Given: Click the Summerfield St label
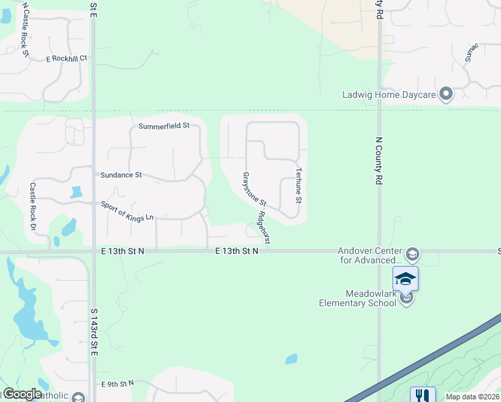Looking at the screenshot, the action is click(164, 125).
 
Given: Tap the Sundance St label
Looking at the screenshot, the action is click(121, 175).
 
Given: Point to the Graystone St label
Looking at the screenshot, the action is click(255, 189).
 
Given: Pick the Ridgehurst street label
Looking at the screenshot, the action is click(263, 228).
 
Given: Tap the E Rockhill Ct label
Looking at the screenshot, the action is click(66, 58).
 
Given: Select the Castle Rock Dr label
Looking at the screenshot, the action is click(32, 207).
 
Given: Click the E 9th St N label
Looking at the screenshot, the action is click(118, 383).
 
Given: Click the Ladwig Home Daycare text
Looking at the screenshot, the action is click(388, 94).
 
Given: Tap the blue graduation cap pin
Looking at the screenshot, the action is click(405, 278).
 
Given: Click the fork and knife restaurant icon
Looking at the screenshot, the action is click(423, 395).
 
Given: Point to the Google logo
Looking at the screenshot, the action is click(22, 395).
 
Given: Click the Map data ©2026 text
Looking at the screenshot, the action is click(472, 397).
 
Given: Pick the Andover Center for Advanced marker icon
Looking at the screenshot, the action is click(413, 254).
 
